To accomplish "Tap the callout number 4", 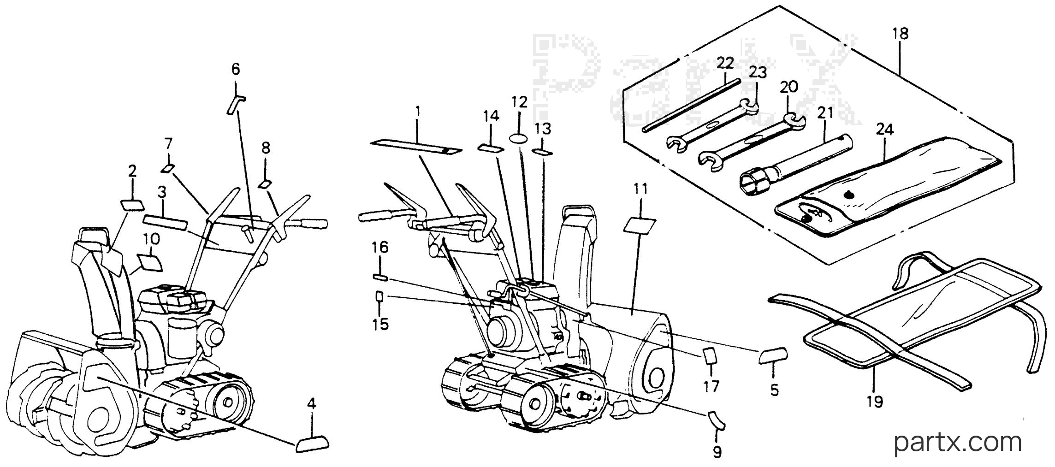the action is click(x=312, y=404).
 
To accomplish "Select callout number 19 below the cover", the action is click(x=875, y=402).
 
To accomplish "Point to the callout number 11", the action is click(x=640, y=189).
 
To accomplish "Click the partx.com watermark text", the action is click(x=958, y=443).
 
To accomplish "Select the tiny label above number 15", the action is click(x=379, y=296).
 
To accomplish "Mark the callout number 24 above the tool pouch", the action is click(x=885, y=130).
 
